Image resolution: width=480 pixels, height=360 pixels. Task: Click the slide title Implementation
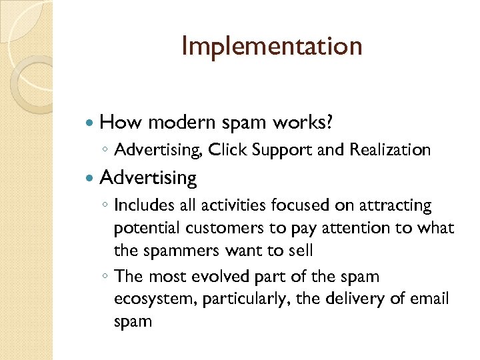pyautogui.click(x=271, y=47)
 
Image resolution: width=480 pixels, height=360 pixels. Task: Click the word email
pyautogui.click(x=431, y=298)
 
